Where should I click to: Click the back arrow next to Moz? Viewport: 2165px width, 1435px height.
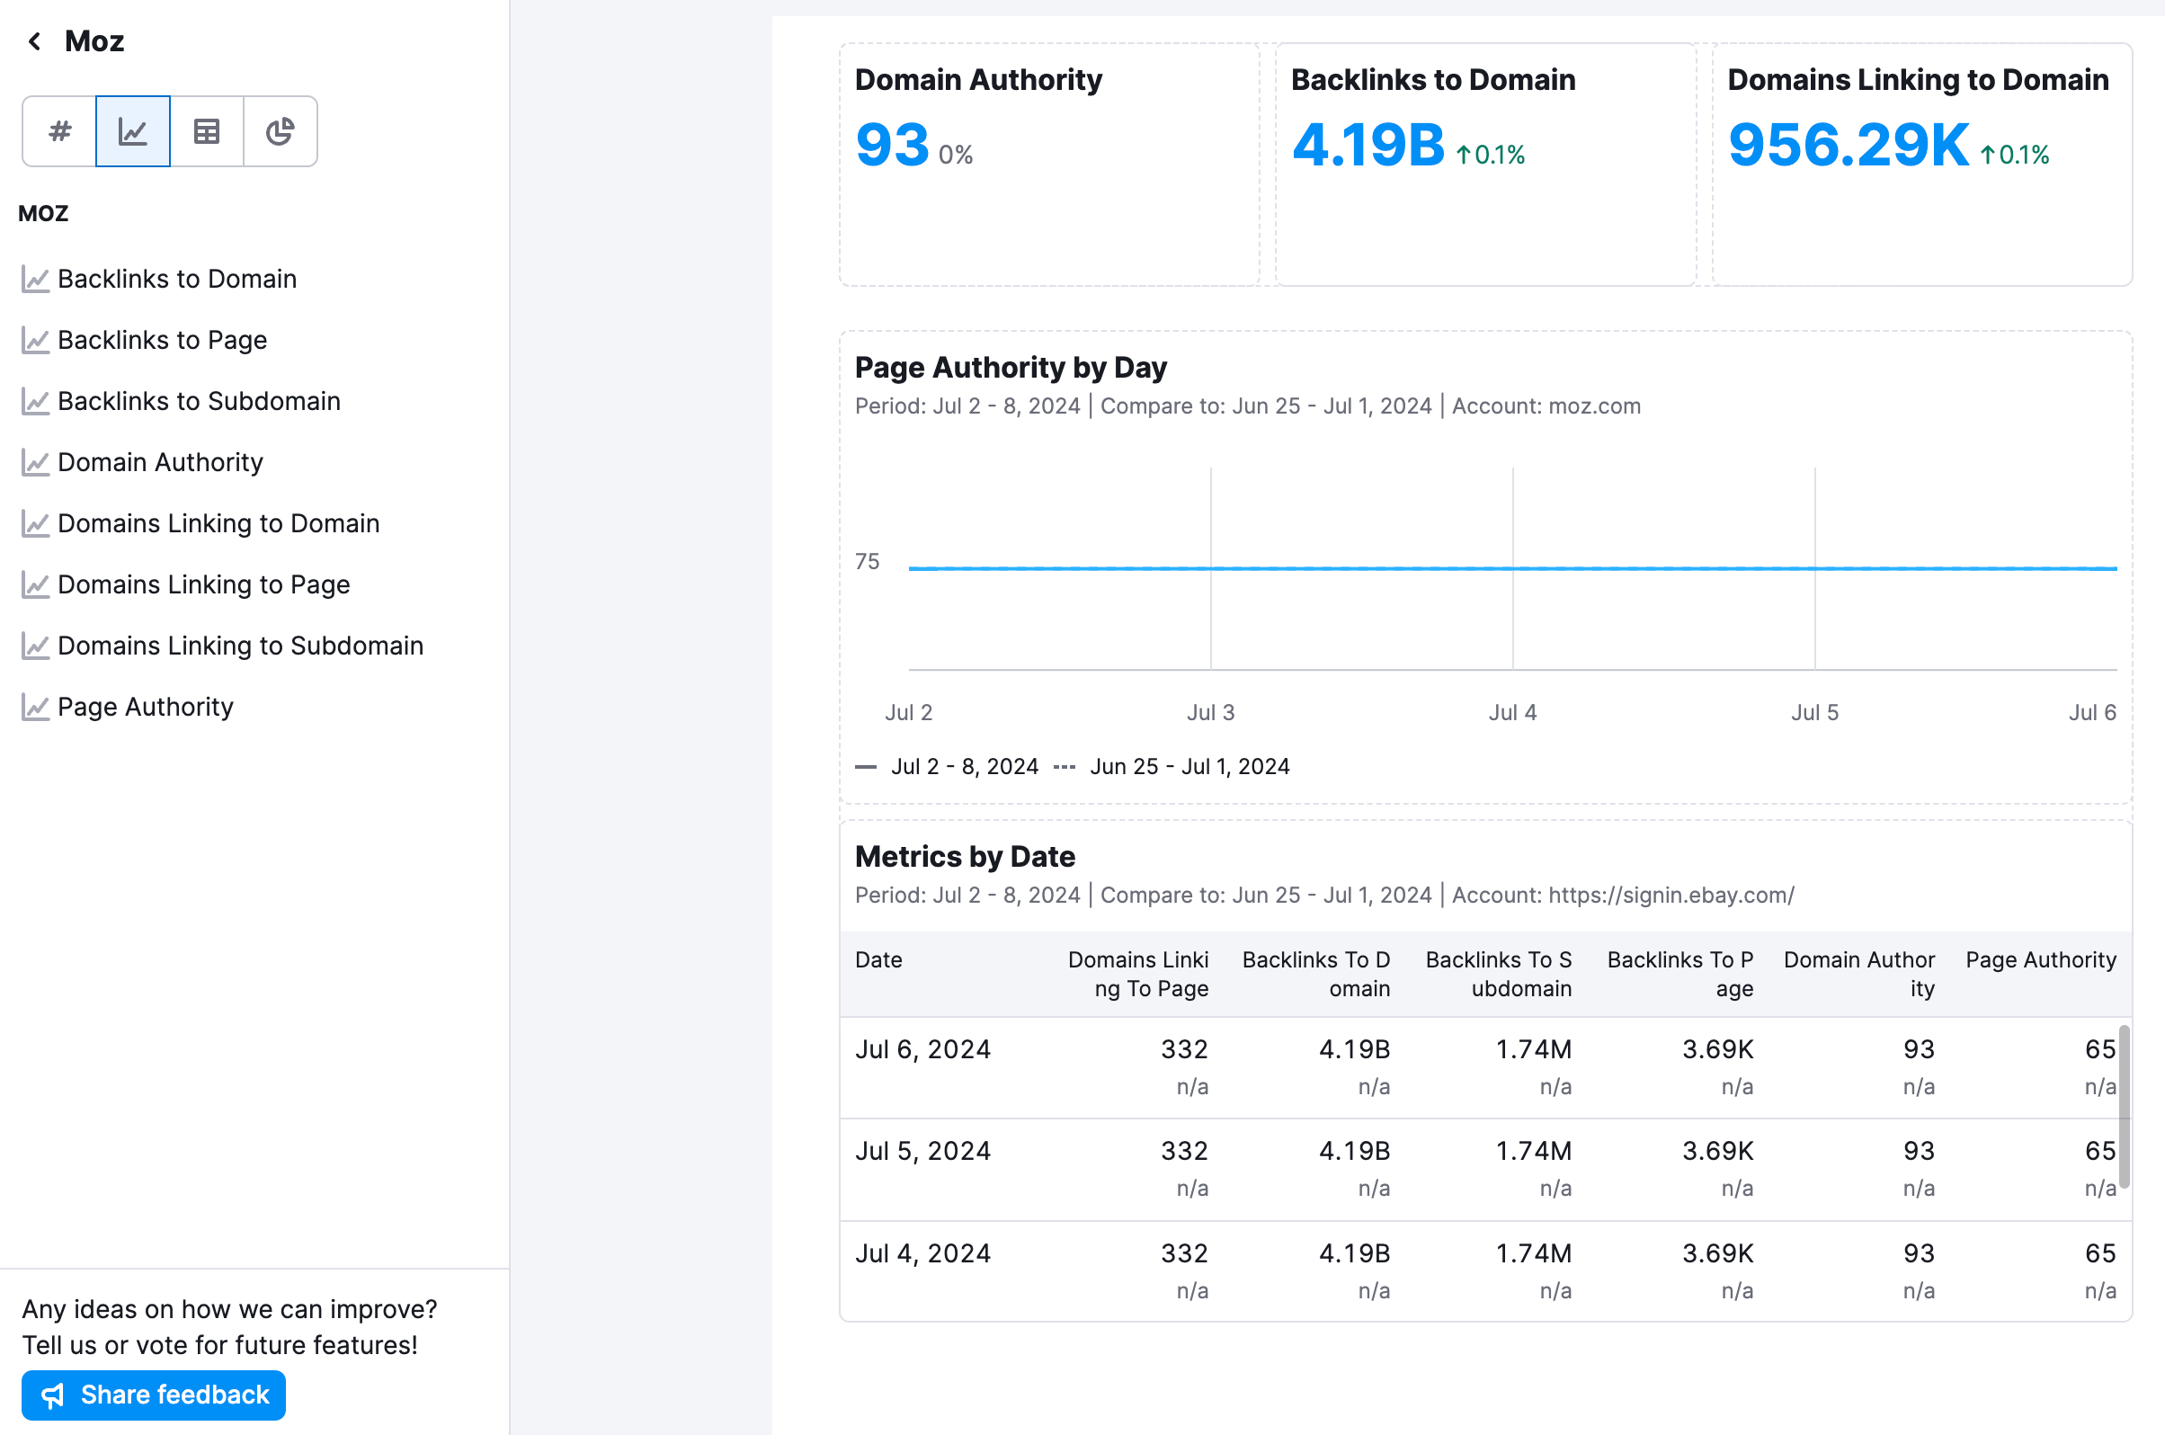[x=35, y=41]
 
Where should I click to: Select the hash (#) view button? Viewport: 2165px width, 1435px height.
[x=59, y=132]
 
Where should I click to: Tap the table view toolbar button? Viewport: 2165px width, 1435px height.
[x=207, y=132]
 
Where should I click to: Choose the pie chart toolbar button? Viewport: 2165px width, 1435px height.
[x=280, y=132]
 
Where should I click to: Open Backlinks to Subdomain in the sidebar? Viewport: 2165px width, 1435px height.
[x=199, y=401]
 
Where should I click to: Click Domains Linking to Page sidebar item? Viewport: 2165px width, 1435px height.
[x=203, y=584]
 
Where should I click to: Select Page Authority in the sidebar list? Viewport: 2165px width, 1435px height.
[x=146, y=707]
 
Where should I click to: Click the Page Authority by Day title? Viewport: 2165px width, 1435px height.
[x=1011, y=367]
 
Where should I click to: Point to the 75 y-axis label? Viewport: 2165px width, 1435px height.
[x=867, y=561]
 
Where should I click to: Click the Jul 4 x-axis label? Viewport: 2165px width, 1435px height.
[x=1511, y=712]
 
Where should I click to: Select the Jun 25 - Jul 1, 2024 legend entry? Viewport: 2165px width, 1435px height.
[x=1189, y=766]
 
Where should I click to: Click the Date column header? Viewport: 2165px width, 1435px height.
[x=878, y=959]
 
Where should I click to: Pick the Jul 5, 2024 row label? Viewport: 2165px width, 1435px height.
[x=922, y=1150]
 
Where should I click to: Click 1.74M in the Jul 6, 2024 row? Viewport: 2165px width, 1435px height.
[x=1533, y=1048]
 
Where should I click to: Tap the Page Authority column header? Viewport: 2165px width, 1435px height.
[x=2040, y=959]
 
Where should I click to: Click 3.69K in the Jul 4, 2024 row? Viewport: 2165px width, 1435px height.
[x=1716, y=1252]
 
